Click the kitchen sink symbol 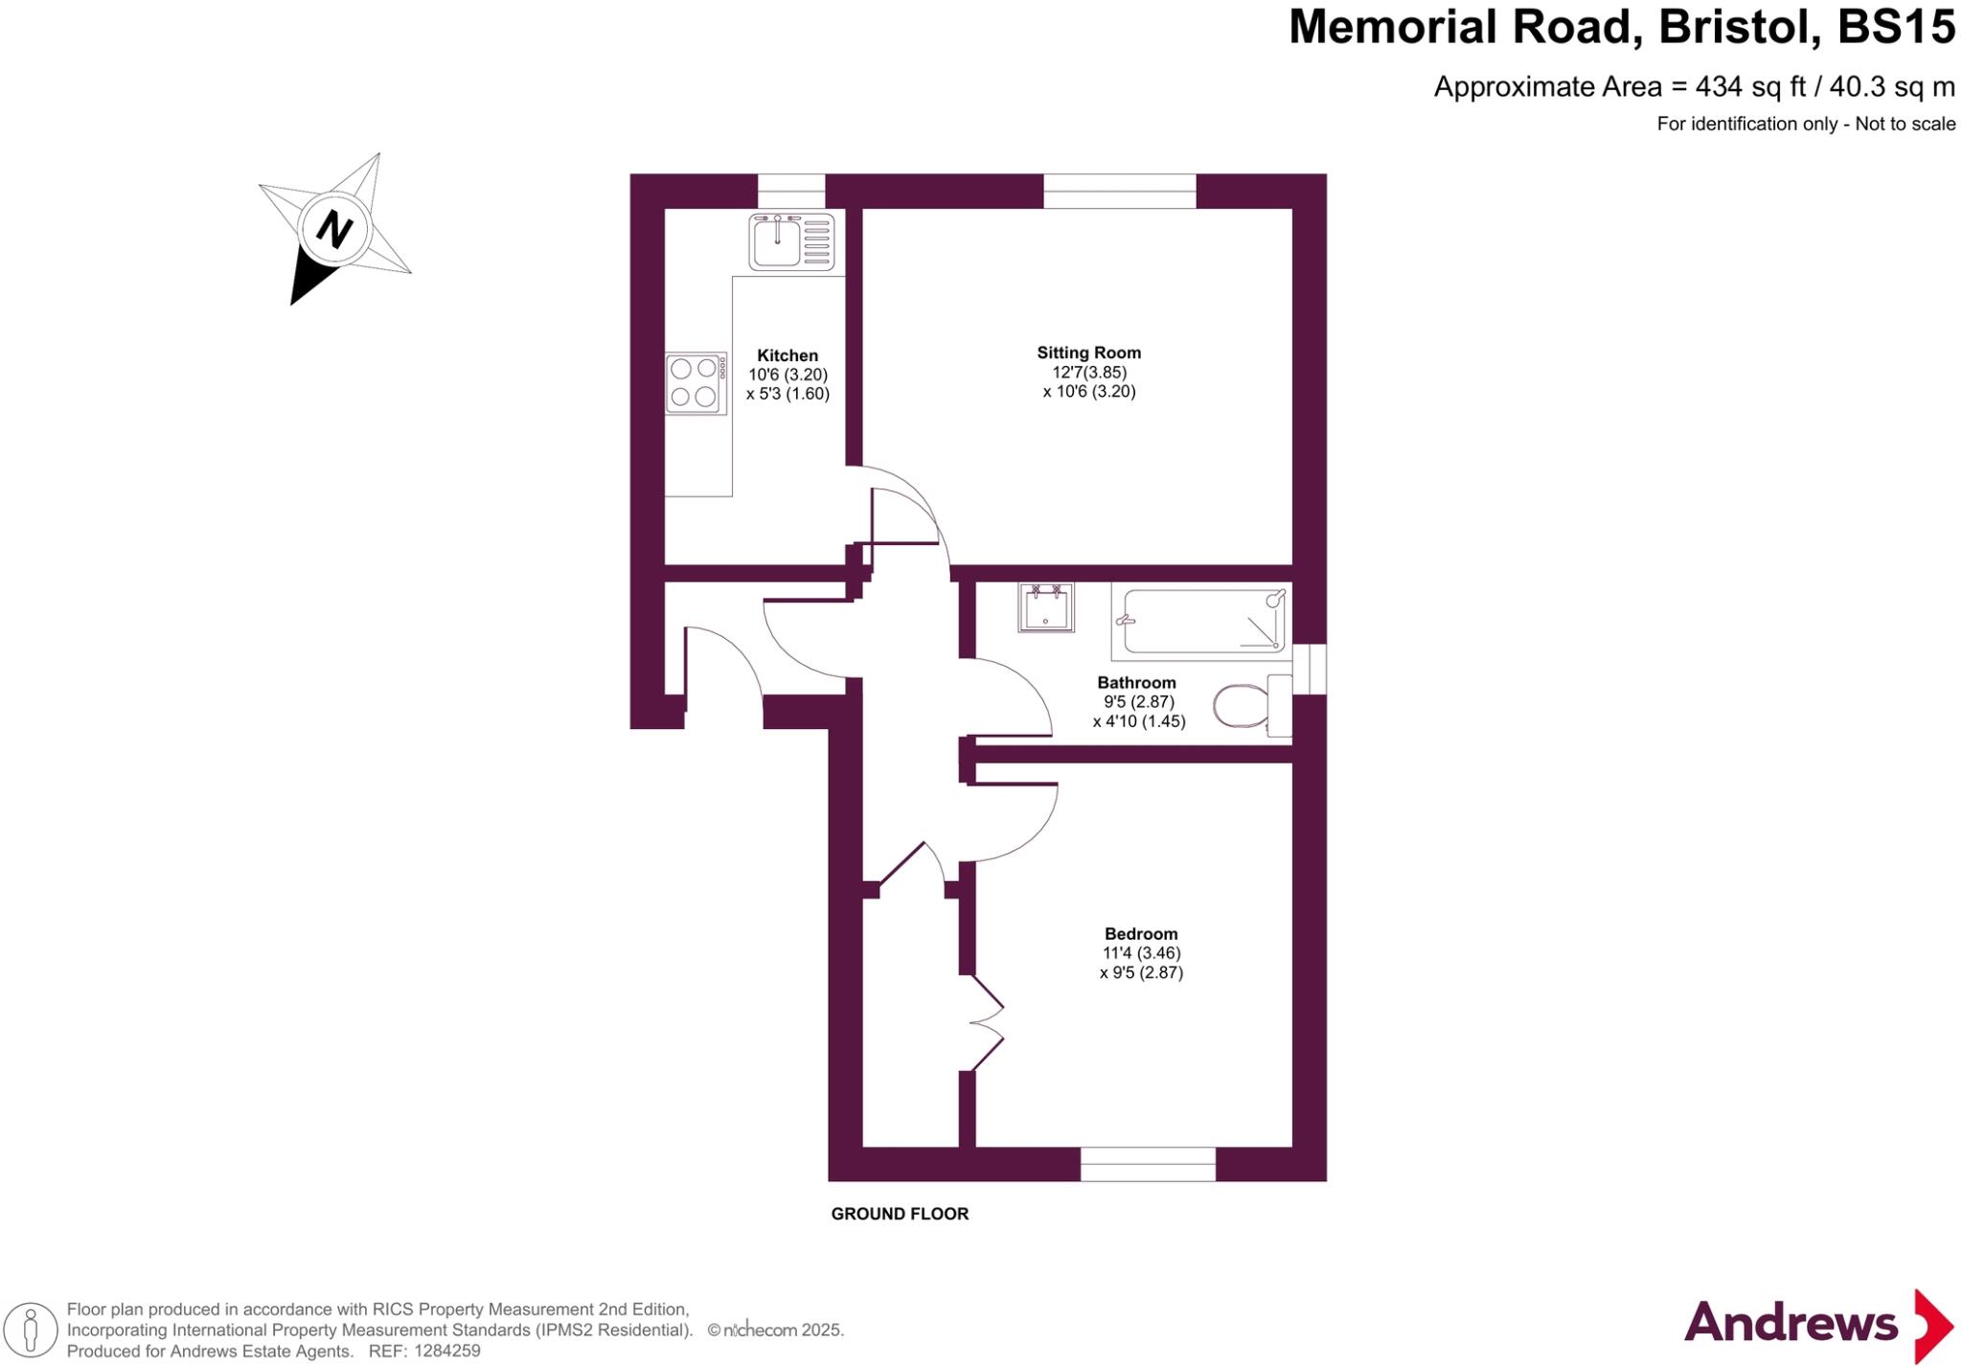click(x=791, y=242)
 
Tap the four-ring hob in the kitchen click(x=696, y=383)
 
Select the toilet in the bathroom click(x=1242, y=706)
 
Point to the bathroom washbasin click(x=1045, y=608)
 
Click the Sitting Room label click(x=1088, y=353)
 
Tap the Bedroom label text click(x=1140, y=934)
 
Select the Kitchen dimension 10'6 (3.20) click(x=787, y=375)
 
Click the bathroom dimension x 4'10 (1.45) click(x=1139, y=721)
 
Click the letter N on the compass click(x=334, y=230)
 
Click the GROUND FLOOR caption click(x=900, y=1214)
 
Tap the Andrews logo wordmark click(x=1790, y=1324)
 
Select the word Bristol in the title click(x=1740, y=27)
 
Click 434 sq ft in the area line click(x=1749, y=87)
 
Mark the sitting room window click(x=1119, y=191)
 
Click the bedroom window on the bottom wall click(x=1148, y=1164)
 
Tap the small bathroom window click(x=1311, y=668)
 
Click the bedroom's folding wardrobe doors click(x=988, y=1023)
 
